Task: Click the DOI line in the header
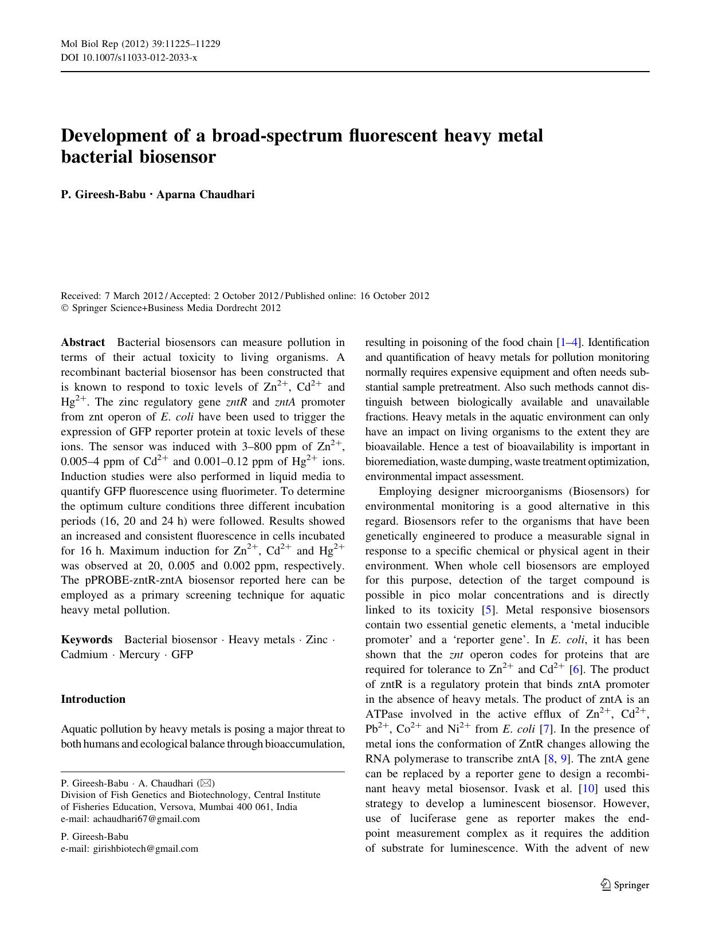tap(129, 57)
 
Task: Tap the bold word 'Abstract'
tap(83, 343)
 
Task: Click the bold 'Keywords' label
tap(87, 640)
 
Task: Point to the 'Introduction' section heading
tap(93, 699)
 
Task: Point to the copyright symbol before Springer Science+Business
tap(64, 308)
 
